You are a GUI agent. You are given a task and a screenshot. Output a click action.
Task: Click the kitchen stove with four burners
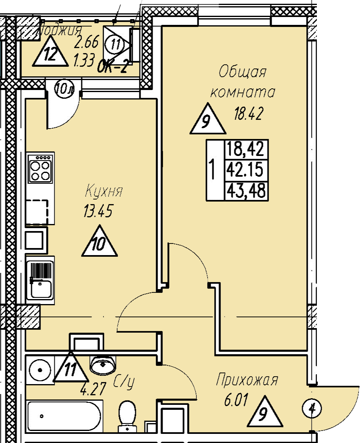click(41, 168)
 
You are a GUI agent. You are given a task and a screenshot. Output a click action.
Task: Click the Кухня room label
click(104, 192)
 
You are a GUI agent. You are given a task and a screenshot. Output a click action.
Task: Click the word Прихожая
click(247, 380)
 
